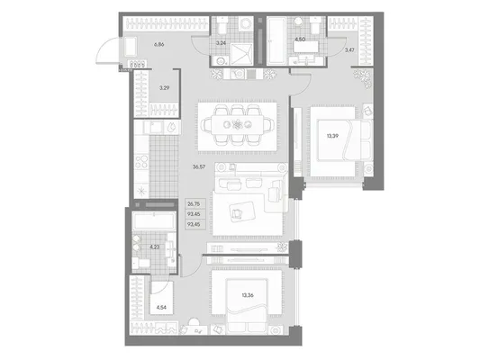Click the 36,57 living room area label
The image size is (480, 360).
[199, 167]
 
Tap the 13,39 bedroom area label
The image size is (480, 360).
[332, 136]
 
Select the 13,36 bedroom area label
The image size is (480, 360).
[248, 295]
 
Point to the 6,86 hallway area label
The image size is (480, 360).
[159, 44]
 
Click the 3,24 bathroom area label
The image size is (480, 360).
[221, 43]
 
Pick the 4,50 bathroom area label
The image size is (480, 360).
[299, 40]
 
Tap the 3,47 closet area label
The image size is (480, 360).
[349, 49]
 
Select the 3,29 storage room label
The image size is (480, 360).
[164, 88]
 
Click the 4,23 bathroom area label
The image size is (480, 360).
[154, 247]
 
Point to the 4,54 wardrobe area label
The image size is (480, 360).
[161, 308]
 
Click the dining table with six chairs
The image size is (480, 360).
[238, 124]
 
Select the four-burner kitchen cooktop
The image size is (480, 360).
[141, 161]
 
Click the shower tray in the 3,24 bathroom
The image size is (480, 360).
[242, 54]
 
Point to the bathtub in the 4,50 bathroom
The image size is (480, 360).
[276, 41]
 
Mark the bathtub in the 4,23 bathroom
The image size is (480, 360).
[154, 221]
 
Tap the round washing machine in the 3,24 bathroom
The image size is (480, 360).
[246, 23]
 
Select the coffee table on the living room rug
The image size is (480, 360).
[243, 211]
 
